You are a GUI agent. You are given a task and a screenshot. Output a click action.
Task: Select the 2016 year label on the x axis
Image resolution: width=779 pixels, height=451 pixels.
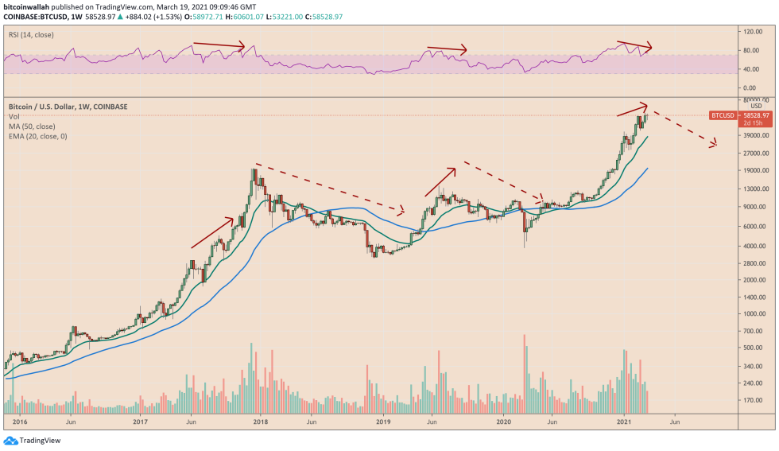pos(21,423)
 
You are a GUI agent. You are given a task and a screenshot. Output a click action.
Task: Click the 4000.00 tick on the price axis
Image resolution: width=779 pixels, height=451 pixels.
pos(751,246)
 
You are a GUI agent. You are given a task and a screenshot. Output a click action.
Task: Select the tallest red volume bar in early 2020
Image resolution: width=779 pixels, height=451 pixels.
pos(525,374)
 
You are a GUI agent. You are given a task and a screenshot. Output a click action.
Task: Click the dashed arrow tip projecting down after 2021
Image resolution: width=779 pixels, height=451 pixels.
pos(716,145)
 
